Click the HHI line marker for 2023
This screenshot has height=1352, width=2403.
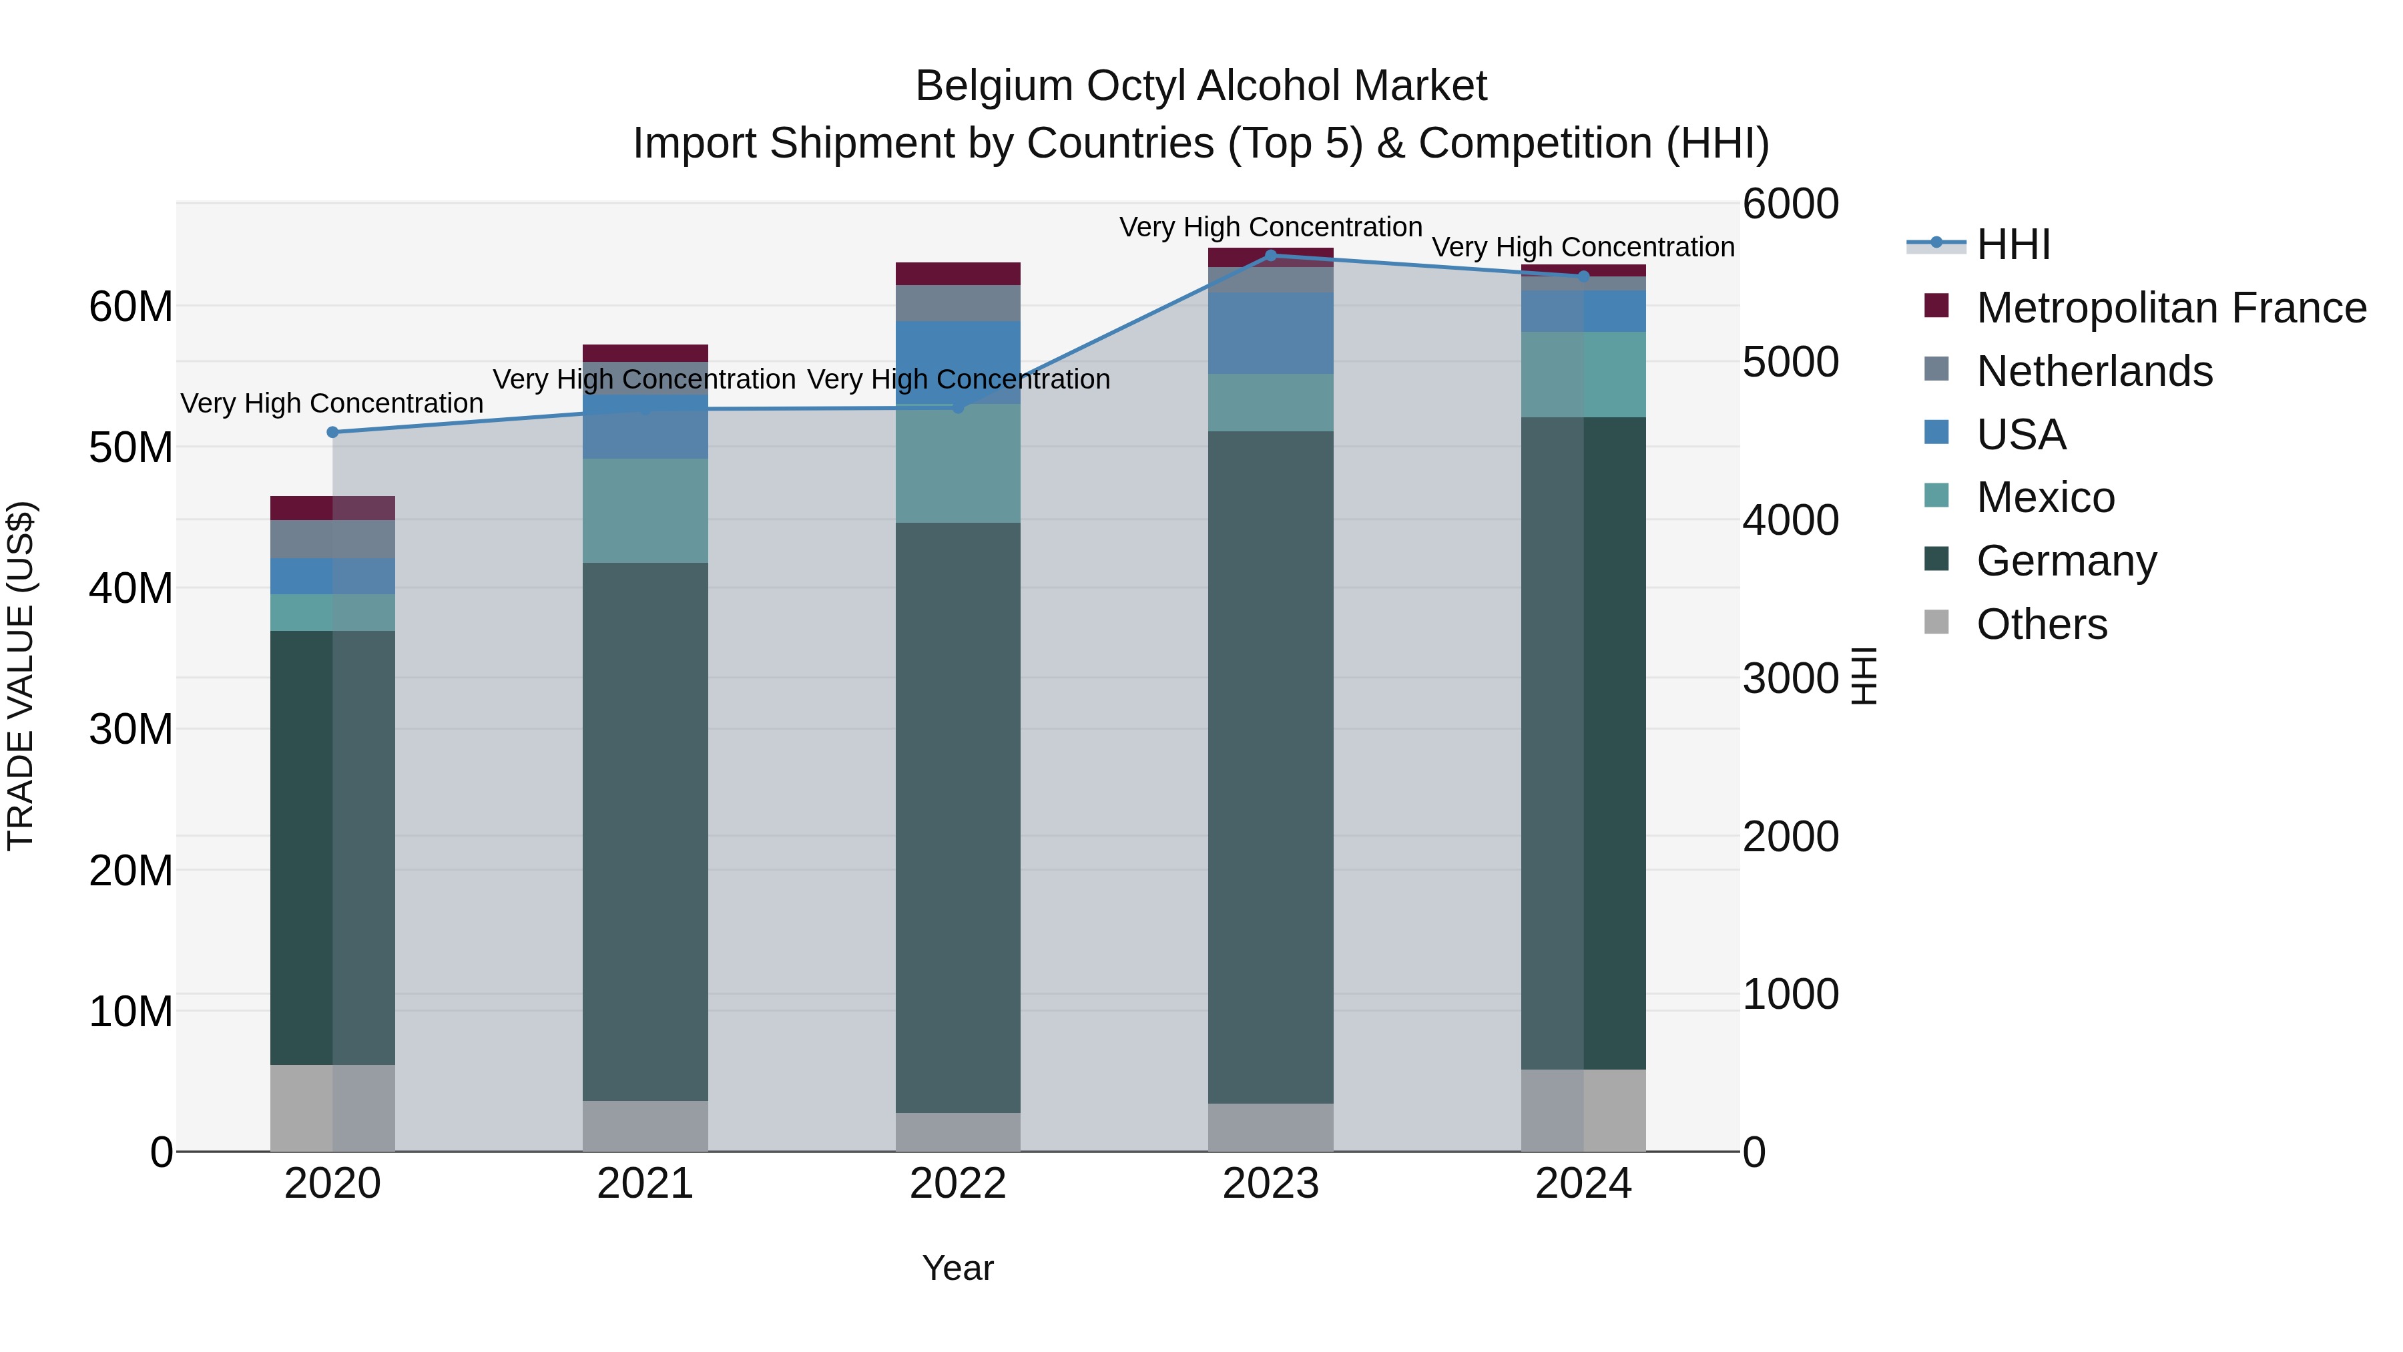[1270, 255]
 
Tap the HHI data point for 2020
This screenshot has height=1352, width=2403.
[332, 432]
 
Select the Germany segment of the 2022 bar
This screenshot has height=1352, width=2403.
[957, 817]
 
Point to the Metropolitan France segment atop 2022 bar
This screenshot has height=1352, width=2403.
[957, 273]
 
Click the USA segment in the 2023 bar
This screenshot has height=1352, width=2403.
[1270, 333]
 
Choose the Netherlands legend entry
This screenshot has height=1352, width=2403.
[2093, 371]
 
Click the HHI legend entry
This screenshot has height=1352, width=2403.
[2013, 244]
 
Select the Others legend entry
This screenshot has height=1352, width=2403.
[2041, 624]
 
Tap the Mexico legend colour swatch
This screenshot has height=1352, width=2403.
[1936, 495]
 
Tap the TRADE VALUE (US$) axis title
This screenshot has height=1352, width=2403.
[21, 676]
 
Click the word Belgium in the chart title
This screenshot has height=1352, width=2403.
[993, 86]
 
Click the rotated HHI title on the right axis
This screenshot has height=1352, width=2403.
[1863, 676]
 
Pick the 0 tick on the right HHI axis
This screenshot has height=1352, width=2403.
[1755, 1153]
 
